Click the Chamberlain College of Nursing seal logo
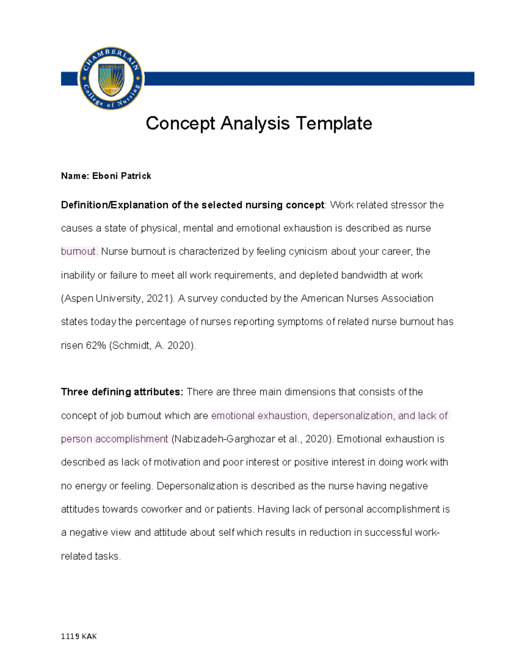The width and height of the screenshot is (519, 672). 111,78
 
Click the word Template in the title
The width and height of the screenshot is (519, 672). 334,123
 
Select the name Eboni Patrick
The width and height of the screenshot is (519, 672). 122,176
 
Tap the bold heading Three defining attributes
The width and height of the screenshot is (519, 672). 122,392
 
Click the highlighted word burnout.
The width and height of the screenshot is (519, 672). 80,251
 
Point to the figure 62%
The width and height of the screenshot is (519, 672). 96,345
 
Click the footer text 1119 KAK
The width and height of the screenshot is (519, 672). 79,637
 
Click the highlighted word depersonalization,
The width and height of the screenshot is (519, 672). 353,416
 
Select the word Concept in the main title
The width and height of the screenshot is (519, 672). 180,123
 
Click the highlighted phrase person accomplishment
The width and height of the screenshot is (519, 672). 115,439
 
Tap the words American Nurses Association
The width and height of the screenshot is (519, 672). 367,299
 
